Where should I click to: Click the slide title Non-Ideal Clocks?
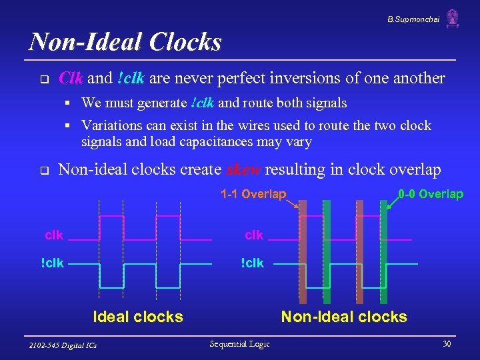[x=125, y=42]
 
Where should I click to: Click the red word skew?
[x=244, y=170]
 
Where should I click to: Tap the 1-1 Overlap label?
[x=253, y=194]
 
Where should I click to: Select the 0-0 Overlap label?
[x=430, y=194]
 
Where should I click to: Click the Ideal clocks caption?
[x=138, y=317]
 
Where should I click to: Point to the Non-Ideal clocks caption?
[x=344, y=317]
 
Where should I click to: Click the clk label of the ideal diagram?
[x=54, y=235]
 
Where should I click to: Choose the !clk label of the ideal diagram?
[x=53, y=263]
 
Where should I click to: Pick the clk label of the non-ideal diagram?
[x=254, y=235]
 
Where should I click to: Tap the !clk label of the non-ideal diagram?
[x=253, y=263]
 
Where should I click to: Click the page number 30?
[x=446, y=343]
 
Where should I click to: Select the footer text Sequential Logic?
[x=239, y=343]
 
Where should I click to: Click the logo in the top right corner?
[x=453, y=19]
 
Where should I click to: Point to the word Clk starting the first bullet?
[x=71, y=78]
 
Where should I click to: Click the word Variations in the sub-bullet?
[x=109, y=125]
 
